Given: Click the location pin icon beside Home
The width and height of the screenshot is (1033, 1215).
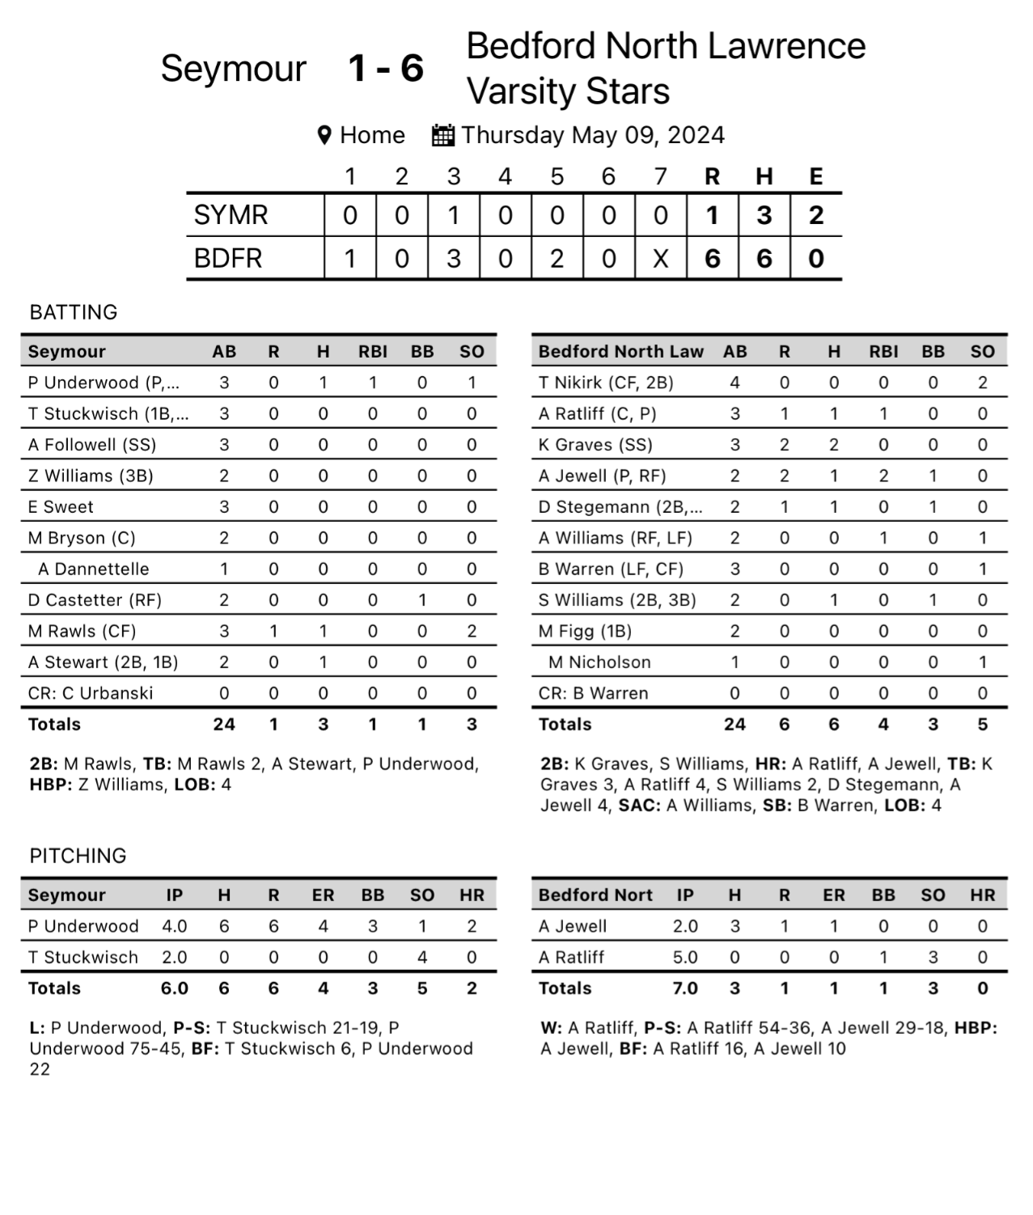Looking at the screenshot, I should click(324, 135).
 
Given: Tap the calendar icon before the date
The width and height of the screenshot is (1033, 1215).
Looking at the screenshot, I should click(442, 135).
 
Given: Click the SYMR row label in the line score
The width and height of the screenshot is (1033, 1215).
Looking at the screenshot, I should click(231, 215).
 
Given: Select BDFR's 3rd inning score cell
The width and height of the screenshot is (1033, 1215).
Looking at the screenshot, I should click(454, 259).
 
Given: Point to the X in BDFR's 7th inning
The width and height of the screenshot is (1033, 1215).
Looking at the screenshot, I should click(661, 259).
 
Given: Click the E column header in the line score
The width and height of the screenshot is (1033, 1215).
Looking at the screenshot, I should click(815, 176).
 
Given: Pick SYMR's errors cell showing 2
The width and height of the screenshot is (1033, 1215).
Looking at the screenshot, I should click(815, 215).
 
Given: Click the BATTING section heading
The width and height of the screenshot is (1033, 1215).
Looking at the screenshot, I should click(74, 312).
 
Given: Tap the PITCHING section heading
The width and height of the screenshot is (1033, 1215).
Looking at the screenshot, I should click(78, 856).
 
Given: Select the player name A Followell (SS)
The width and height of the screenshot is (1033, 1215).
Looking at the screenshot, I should click(92, 445).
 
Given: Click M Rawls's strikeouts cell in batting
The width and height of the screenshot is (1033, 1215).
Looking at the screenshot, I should click(472, 631).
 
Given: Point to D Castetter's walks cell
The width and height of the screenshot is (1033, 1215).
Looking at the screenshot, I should click(422, 600).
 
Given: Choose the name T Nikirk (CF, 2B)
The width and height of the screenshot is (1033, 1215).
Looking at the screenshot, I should click(606, 383).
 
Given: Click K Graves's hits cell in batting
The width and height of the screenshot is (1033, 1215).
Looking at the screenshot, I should click(834, 445).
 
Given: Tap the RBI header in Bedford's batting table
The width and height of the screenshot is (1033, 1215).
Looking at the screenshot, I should click(883, 352).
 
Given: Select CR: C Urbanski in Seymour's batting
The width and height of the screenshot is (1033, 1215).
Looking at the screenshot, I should click(91, 693).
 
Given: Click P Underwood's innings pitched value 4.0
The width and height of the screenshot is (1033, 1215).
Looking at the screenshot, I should click(175, 926).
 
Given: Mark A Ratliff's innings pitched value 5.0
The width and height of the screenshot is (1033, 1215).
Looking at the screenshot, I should click(685, 957).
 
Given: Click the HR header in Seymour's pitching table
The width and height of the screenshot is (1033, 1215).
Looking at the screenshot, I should click(472, 895).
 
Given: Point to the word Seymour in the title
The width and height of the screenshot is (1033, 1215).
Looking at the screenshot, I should click(233, 68).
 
